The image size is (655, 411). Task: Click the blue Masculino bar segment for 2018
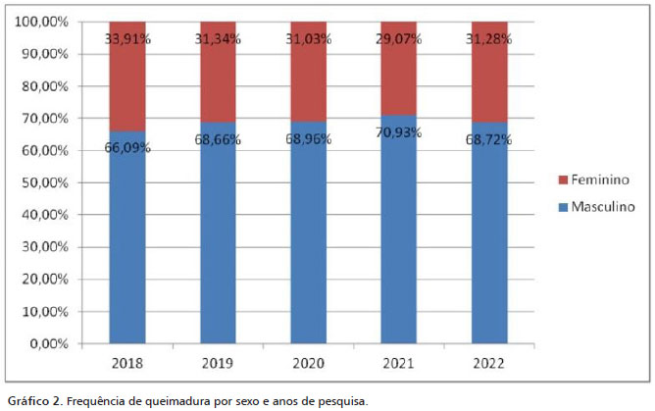point(127,245)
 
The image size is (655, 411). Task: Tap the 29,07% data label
point(399,40)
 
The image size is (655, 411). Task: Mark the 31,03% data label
point(309,40)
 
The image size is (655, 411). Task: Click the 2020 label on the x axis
point(309,364)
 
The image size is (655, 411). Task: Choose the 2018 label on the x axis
point(127,364)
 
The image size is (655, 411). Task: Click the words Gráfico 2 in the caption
point(30,400)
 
